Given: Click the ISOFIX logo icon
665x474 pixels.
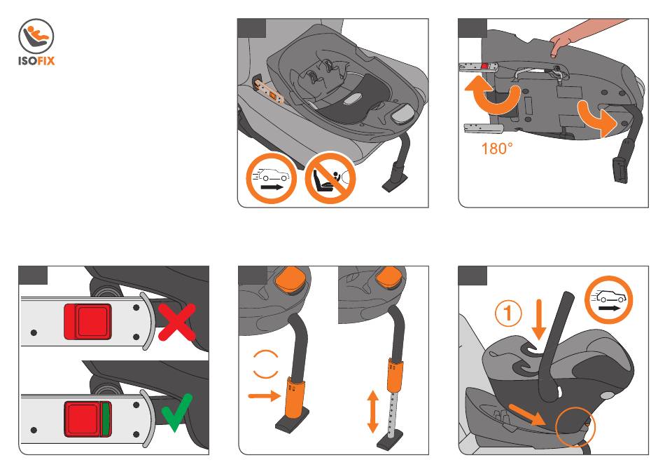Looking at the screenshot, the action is click(x=35, y=36).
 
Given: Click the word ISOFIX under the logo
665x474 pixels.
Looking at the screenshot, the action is click(x=35, y=60).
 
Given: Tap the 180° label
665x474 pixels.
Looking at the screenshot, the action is click(x=498, y=149).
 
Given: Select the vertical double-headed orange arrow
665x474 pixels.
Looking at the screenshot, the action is click(x=372, y=412).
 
